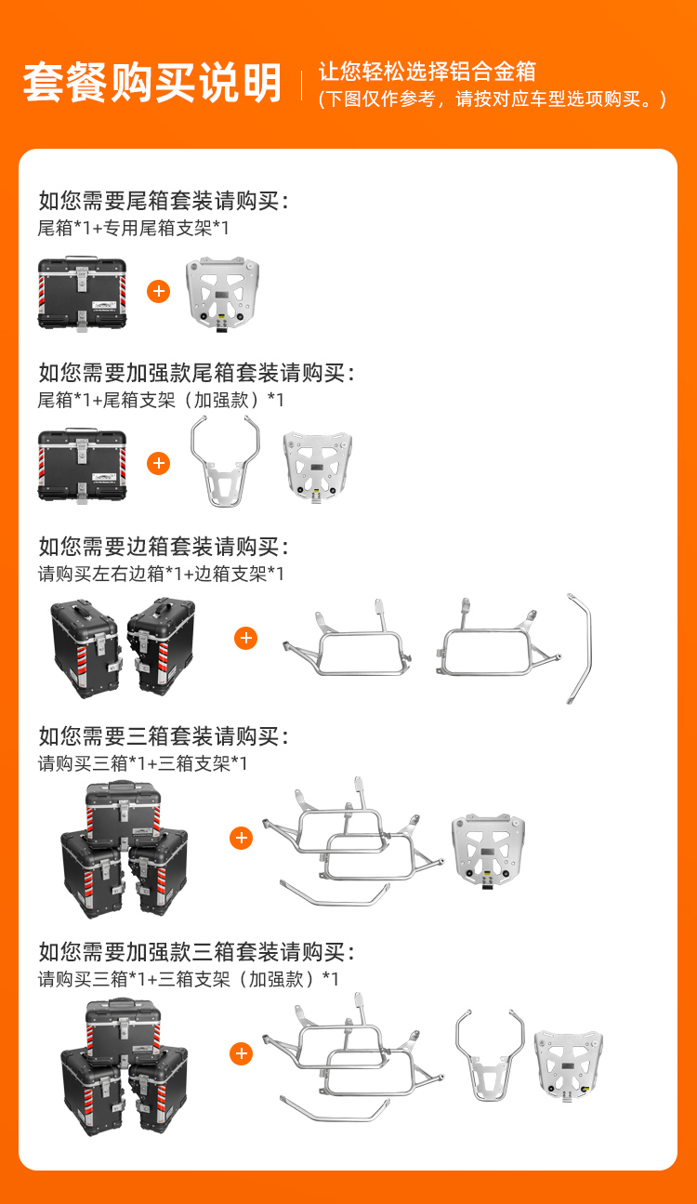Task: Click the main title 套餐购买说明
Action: tap(152, 82)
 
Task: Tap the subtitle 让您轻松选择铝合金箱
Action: tap(427, 72)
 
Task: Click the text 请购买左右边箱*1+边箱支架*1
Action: tap(161, 574)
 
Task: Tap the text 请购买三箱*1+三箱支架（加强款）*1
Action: tap(188, 979)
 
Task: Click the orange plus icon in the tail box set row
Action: tap(159, 291)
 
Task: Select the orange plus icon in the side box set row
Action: tap(245, 638)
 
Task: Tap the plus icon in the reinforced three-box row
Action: tap(242, 1053)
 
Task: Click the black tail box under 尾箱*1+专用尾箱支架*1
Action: tap(82, 294)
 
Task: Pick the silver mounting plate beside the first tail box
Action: tap(222, 294)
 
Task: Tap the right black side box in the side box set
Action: tap(161, 645)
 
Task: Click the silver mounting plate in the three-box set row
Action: tap(489, 852)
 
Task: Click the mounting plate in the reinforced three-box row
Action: tap(569, 1065)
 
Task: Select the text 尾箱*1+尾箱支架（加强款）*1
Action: tap(161, 401)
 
